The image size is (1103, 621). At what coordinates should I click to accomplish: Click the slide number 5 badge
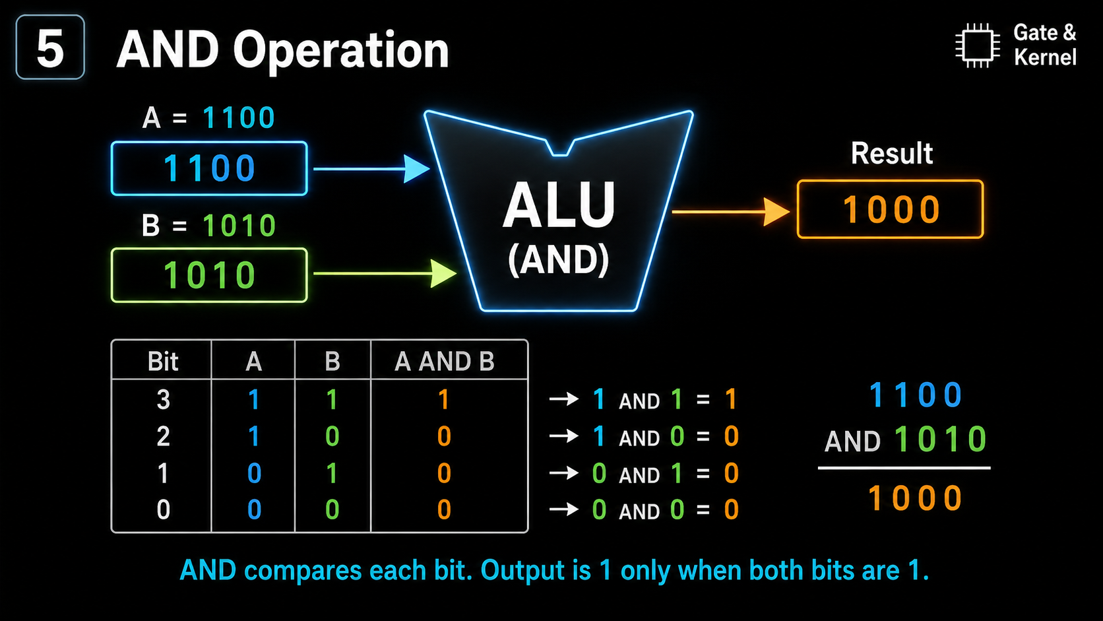point(50,48)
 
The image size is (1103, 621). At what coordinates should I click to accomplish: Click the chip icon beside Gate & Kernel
point(978,46)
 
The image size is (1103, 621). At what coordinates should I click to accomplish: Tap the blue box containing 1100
point(209,168)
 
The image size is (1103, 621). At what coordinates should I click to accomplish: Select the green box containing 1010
point(209,275)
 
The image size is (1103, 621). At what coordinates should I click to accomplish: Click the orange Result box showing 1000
point(891,209)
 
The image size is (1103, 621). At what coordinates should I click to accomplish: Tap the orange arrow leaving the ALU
point(731,212)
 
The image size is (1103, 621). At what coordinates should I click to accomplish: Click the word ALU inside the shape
point(559,205)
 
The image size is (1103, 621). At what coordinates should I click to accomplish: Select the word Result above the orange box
point(892,153)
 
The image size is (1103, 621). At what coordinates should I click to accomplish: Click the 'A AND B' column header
point(444,361)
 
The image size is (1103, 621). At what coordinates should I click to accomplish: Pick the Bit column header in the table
point(162,361)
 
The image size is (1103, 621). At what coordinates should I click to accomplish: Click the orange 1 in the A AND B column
point(444,399)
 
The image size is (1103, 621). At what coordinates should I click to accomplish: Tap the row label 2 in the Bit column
point(163,436)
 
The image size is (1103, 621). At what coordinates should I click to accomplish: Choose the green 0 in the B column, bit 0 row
point(332,509)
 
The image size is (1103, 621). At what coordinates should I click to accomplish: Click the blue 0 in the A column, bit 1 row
point(254,473)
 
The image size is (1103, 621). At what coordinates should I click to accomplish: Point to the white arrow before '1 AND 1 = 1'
point(564,398)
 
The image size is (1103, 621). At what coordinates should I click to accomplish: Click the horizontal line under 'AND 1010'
point(904,468)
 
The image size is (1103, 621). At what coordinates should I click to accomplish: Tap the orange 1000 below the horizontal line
point(915,498)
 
